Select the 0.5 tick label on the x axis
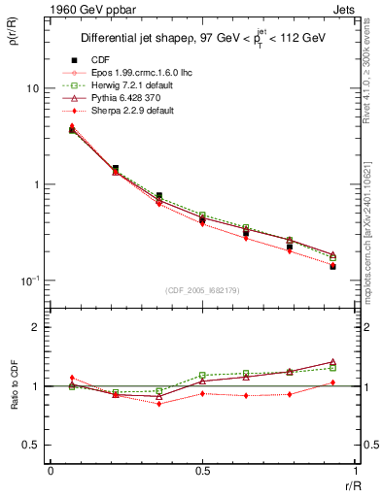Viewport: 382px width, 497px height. (202, 471)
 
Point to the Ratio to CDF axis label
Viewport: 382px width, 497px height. (16, 385)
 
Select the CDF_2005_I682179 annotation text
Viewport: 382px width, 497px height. (201, 289)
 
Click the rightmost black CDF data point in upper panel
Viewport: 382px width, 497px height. (332, 266)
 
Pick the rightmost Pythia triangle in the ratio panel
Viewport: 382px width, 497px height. (332, 361)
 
